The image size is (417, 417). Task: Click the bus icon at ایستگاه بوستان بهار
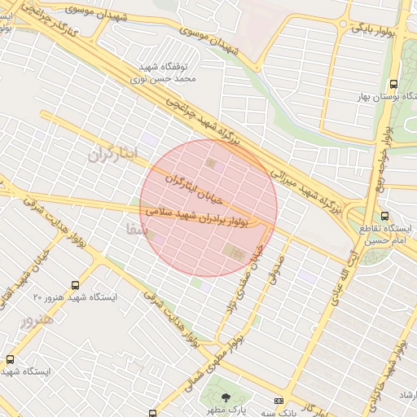(394, 84)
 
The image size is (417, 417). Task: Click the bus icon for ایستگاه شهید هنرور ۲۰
(76, 285)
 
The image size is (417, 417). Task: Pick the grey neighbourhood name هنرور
(37, 319)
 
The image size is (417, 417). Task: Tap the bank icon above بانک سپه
(279, 402)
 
